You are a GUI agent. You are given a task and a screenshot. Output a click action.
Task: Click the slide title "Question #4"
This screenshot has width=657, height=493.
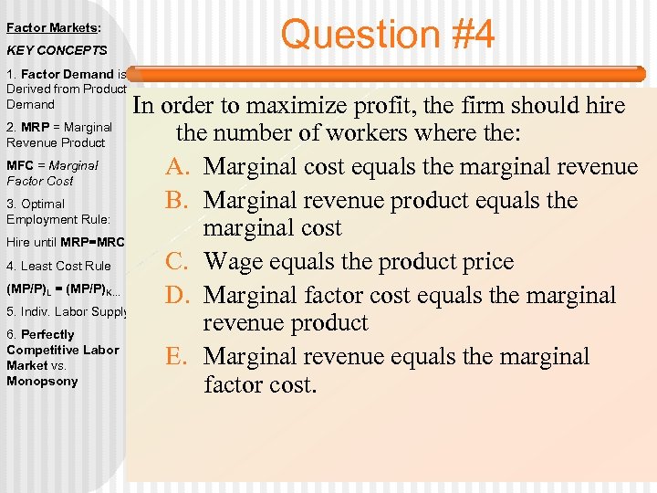click(388, 35)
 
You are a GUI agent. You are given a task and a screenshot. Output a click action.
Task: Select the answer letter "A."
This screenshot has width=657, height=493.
click(179, 166)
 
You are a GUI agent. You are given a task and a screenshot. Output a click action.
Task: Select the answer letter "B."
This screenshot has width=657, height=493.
click(179, 200)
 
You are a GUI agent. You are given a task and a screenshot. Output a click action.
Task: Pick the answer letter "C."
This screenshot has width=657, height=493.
click(179, 262)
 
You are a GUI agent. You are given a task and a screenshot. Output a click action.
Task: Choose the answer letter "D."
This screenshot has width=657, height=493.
click(179, 295)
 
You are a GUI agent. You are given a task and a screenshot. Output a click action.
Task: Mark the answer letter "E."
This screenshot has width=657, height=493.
click(179, 356)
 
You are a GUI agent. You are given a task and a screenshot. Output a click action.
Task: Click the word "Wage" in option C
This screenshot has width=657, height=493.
click(235, 262)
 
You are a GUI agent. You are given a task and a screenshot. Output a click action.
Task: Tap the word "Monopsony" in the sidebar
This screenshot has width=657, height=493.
click(42, 381)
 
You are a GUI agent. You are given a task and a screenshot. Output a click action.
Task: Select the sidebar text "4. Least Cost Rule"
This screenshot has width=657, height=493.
click(58, 266)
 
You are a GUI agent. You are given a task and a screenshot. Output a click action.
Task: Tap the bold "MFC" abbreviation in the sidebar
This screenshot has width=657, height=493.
click(19, 166)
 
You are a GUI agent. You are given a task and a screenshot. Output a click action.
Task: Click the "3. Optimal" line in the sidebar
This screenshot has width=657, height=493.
click(36, 204)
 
